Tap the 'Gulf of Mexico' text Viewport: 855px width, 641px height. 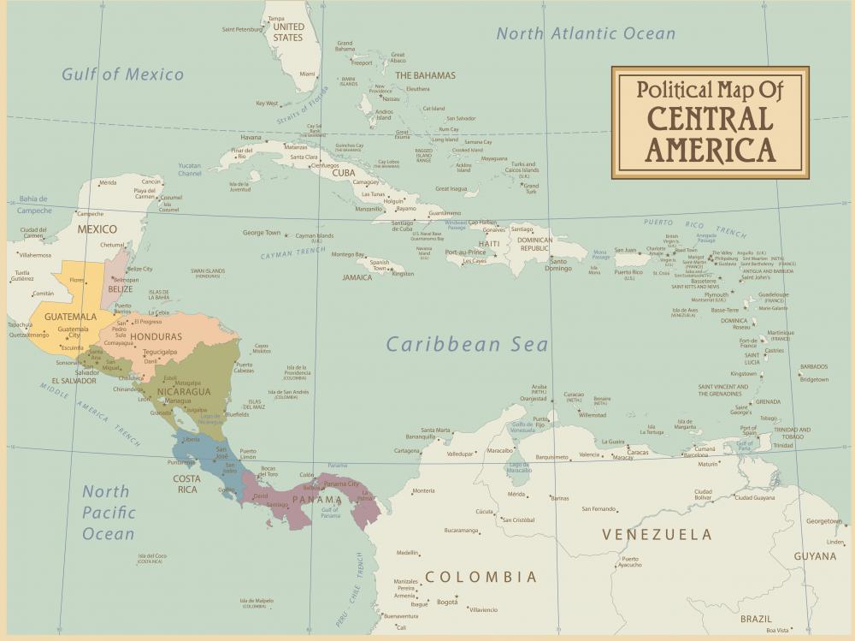pyautogui.click(x=122, y=74)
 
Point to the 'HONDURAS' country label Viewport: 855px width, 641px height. pyautogui.click(x=156, y=337)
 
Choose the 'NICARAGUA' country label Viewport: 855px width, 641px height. pyautogui.click(x=183, y=392)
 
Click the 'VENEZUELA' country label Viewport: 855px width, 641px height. pyautogui.click(x=656, y=535)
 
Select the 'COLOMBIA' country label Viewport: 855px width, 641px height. pyautogui.click(x=481, y=577)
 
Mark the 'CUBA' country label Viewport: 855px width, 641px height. pyautogui.click(x=343, y=173)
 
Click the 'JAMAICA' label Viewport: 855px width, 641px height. pyautogui.click(x=357, y=277)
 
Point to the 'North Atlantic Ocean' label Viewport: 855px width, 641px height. pyautogui.click(x=586, y=34)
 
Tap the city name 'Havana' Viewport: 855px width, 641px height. pyautogui.click(x=251, y=137)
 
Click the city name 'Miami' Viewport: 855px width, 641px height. pyautogui.click(x=307, y=74)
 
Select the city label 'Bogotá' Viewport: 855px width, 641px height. pyautogui.click(x=447, y=602)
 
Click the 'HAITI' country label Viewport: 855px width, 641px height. pyautogui.click(x=488, y=244)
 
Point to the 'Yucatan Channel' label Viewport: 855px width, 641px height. pyautogui.click(x=190, y=169)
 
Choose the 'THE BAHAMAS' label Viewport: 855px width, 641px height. pyautogui.click(x=425, y=75)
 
